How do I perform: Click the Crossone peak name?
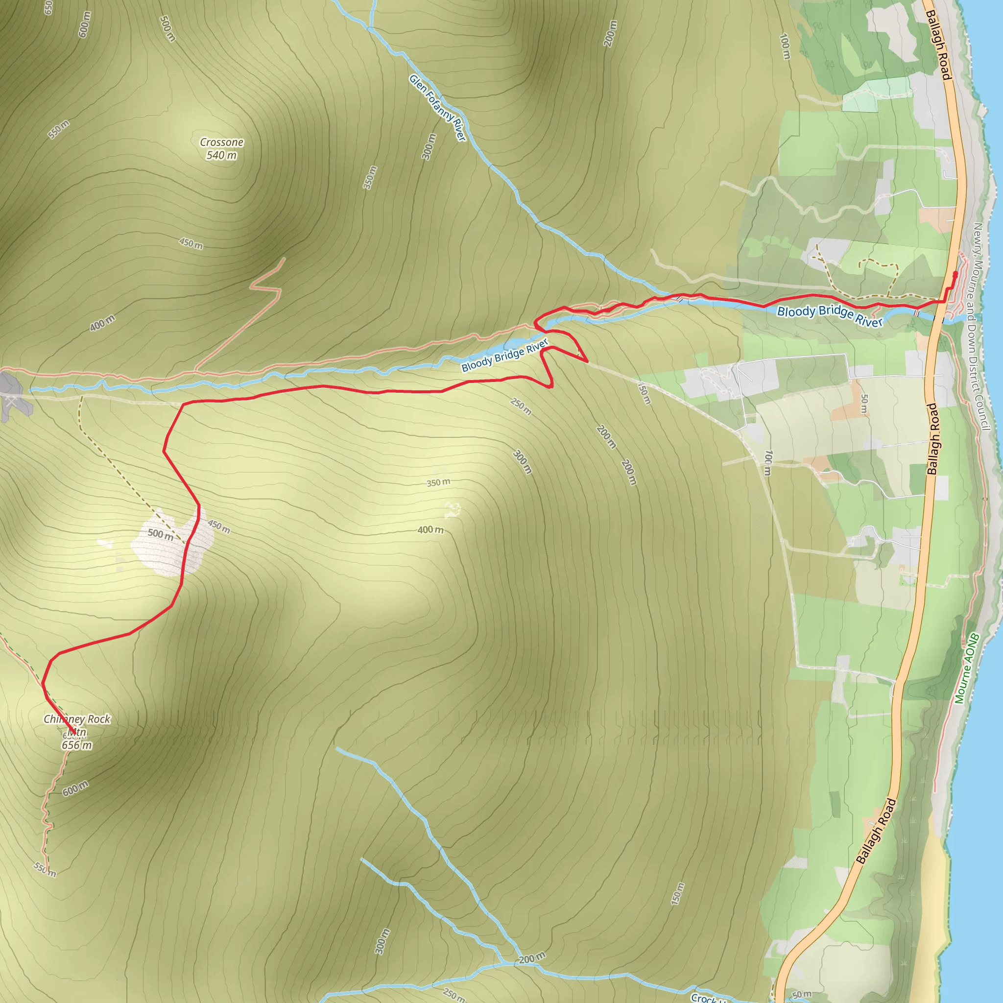[222, 142]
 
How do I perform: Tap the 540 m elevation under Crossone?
[222, 155]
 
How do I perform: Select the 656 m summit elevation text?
[77, 745]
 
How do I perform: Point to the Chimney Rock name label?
[77, 719]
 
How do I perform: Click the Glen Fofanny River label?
[438, 107]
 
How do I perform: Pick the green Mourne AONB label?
[967, 668]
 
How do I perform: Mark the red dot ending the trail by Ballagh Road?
[955, 274]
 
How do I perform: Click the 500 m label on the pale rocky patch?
[161, 534]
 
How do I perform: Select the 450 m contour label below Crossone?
[191, 243]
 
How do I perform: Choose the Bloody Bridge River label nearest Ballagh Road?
[830, 316]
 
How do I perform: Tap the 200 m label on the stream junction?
[532, 958]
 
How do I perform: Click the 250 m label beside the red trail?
[521, 406]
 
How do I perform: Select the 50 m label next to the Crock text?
[802, 995]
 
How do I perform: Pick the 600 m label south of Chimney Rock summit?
[76, 788]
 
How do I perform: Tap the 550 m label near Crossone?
[59, 129]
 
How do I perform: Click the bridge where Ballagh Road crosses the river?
[939, 318]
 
